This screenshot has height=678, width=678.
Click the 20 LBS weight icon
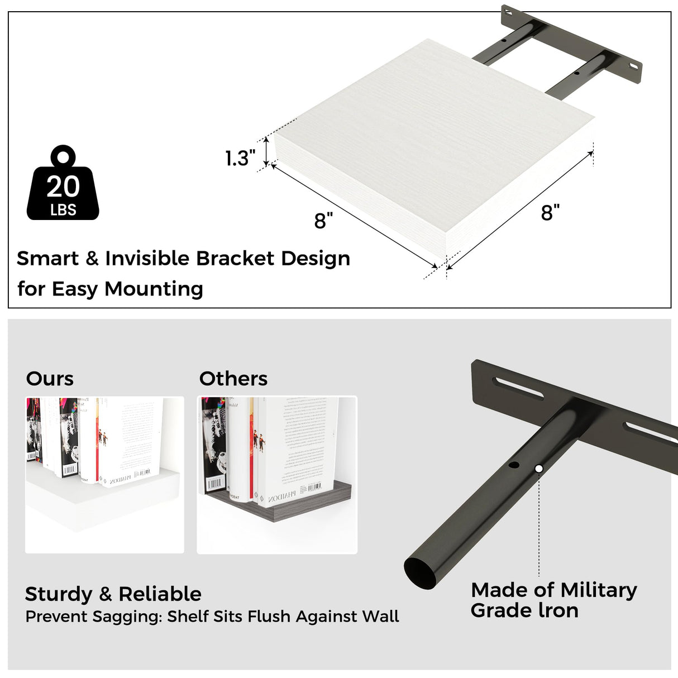tap(63, 184)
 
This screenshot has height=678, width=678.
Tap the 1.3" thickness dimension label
tap(240, 158)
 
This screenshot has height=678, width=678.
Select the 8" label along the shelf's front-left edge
tap(323, 221)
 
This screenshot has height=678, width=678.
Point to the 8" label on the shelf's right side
tap(550, 212)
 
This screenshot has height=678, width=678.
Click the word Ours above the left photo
tap(50, 379)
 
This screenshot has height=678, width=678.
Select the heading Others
tap(233, 379)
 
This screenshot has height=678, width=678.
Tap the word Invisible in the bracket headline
tap(147, 258)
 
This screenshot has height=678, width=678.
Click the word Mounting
tap(154, 289)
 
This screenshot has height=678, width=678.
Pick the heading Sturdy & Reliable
tap(113, 594)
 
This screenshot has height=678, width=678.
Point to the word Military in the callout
tap(599, 590)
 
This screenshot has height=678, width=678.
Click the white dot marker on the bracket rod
tap(538, 469)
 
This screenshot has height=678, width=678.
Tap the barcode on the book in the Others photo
tap(314, 488)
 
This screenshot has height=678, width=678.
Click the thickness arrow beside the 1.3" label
tap(266, 150)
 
